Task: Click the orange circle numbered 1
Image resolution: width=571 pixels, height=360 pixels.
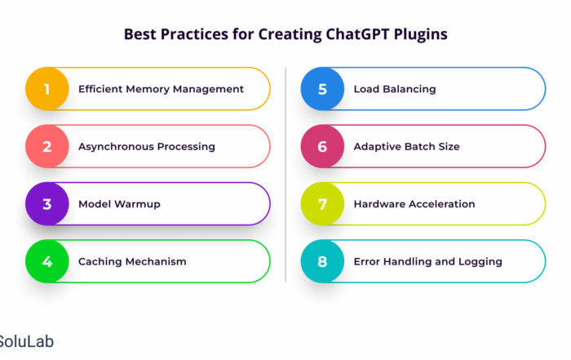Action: click(x=47, y=89)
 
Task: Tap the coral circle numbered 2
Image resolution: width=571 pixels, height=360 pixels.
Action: click(x=47, y=146)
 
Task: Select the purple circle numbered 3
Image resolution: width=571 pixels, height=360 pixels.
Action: click(x=47, y=204)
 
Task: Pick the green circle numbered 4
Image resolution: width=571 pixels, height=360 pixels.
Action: click(x=47, y=261)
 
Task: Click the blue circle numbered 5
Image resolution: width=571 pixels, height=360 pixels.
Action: click(x=322, y=89)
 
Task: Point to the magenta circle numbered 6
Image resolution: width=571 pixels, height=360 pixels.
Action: click(x=322, y=146)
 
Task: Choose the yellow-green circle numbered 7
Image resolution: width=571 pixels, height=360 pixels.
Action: click(x=322, y=204)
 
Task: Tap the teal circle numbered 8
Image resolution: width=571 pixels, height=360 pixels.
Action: click(x=322, y=261)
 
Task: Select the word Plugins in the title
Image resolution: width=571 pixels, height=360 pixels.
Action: click(x=421, y=35)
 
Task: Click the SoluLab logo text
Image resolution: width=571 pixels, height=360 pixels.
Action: click(x=27, y=341)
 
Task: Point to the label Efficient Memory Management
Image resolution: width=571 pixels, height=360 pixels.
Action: click(x=161, y=89)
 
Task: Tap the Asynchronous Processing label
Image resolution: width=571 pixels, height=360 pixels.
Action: click(x=147, y=147)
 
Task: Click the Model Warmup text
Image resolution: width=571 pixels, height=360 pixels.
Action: click(x=119, y=204)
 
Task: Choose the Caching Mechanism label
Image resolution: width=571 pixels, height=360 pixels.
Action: click(x=132, y=261)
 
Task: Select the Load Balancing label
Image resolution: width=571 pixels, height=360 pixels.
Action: click(x=395, y=89)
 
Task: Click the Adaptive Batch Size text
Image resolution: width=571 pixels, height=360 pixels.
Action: click(x=407, y=147)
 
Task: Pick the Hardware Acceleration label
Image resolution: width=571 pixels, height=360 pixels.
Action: click(x=414, y=204)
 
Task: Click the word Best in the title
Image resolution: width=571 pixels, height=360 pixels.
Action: click(x=139, y=34)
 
